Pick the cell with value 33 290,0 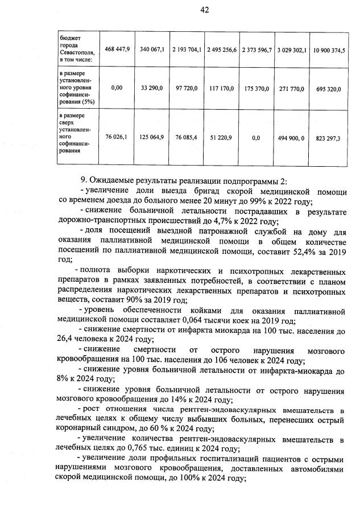[x=152, y=88]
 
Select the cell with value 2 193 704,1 [x=187, y=50]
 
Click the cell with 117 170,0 [x=222, y=88]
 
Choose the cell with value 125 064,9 [x=152, y=137]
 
